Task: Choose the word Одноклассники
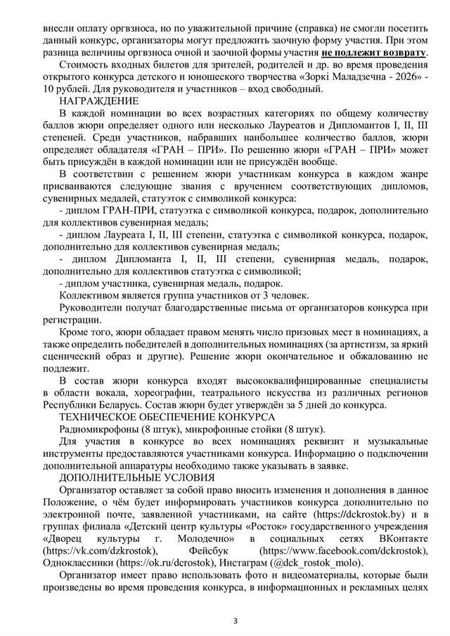[76, 564]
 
